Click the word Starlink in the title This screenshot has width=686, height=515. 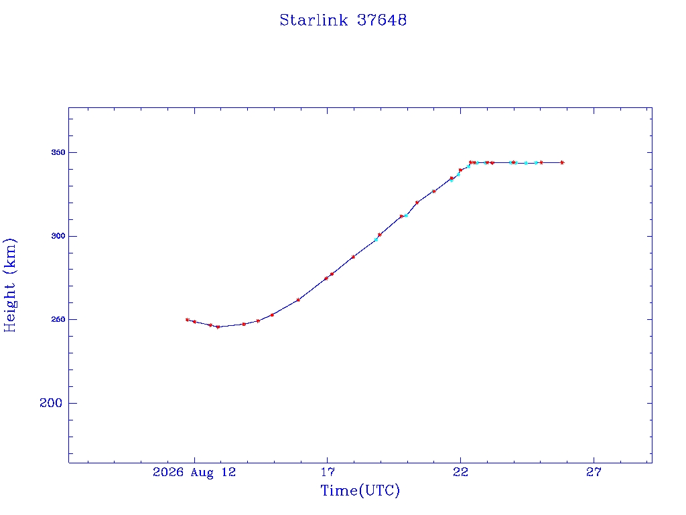(x=314, y=20)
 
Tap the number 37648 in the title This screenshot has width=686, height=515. (x=382, y=20)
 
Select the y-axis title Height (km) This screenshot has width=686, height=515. (x=9, y=286)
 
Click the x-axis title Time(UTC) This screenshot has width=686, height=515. (x=360, y=490)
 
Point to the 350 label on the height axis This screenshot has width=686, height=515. (x=58, y=152)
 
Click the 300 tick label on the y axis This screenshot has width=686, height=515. (x=58, y=236)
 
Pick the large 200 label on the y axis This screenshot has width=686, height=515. (x=51, y=403)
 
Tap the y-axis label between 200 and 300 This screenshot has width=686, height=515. (x=58, y=320)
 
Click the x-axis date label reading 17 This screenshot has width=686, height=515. (x=327, y=472)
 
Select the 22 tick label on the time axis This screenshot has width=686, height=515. (x=460, y=472)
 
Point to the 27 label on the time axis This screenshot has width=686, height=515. (x=594, y=472)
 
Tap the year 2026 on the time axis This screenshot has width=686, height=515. (x=168, y=472)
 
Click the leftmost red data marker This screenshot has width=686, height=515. (x=188, y=320)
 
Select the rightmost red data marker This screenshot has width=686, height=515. (x=562, y=162)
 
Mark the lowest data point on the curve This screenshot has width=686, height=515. (x=218, y=327)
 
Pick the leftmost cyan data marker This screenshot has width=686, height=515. (x=376, y=239)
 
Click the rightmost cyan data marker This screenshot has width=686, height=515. (x=536, y=163)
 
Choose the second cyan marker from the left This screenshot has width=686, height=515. (x=407, y=215)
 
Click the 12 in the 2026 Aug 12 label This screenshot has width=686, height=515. (x=228, y=472)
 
